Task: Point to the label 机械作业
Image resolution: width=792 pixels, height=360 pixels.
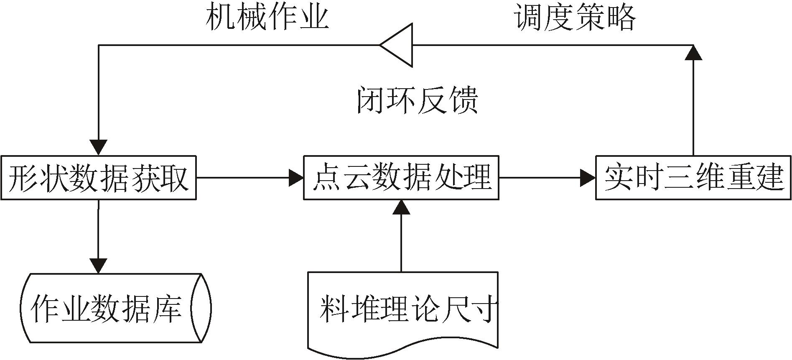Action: (267, 18)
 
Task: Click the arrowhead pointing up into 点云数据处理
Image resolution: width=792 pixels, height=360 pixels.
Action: (401, 207)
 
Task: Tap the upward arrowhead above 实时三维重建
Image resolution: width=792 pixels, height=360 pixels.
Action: (693, 52)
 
